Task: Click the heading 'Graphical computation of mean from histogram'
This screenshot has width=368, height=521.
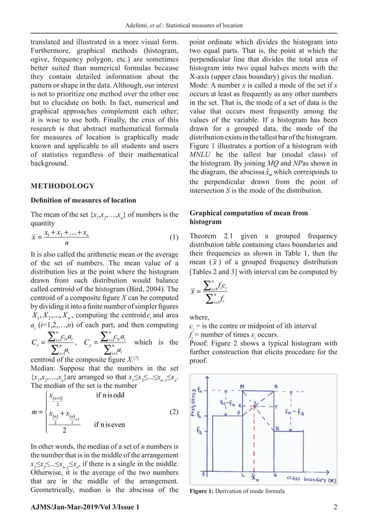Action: (x=249, y=217)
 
